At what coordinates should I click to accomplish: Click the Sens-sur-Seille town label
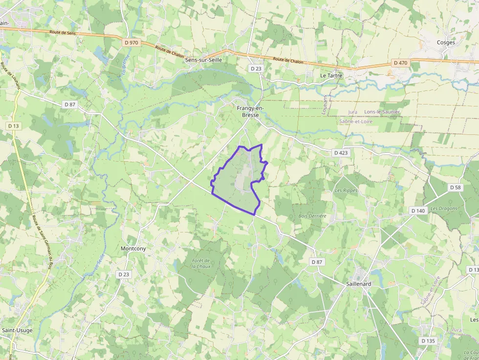204,60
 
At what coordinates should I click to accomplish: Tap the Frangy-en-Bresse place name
250,111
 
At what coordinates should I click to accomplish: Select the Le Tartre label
331,76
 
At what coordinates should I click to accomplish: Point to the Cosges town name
446,42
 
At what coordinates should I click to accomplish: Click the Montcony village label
133,249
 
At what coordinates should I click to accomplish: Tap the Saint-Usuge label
18,330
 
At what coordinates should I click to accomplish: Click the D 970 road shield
131,42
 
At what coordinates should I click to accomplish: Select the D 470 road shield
400,63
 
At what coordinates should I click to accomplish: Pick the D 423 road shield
341,153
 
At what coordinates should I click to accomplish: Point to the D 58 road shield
455,187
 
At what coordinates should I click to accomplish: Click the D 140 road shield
418,211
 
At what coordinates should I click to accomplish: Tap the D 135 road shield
428,340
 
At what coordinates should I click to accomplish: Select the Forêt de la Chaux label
200,264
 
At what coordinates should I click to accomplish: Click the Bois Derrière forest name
312,215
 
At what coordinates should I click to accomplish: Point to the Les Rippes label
346,191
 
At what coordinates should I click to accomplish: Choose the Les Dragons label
444,209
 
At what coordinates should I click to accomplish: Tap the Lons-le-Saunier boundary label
382,112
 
